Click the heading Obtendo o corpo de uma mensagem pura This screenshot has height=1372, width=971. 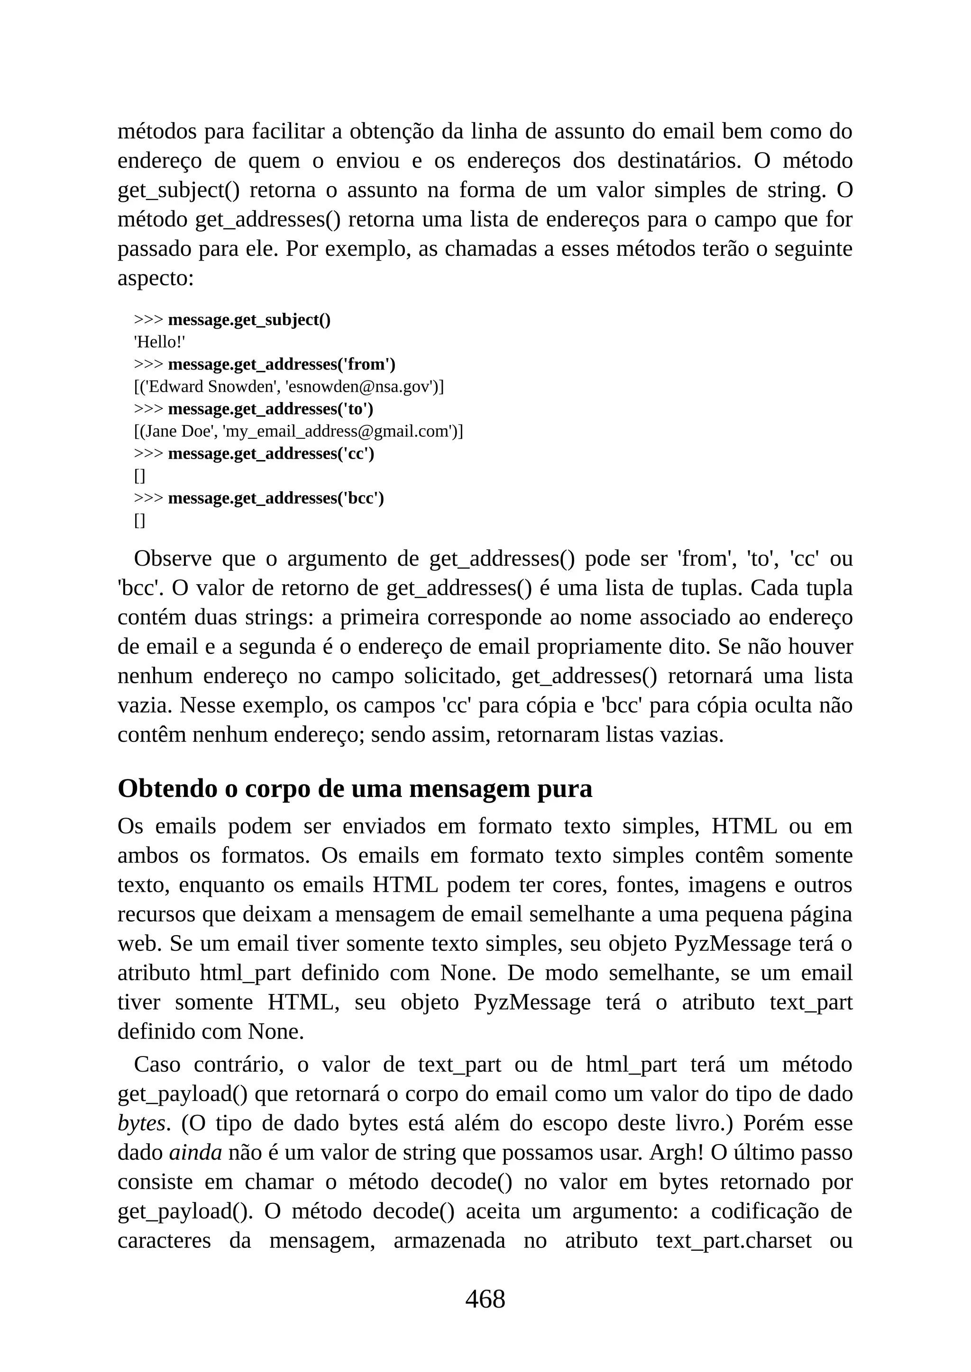[355, 788]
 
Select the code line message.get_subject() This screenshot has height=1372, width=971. [249, 320]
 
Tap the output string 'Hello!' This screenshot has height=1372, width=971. [159, 343]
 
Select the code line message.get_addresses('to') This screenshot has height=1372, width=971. [270, 409]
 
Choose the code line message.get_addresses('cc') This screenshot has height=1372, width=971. [271, 454]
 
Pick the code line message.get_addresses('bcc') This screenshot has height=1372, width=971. [275, 498]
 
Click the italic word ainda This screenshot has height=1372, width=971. [195, 1153]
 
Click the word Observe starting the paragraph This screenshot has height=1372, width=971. [173, 559]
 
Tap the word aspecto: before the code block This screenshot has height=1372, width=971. [156, 279]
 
